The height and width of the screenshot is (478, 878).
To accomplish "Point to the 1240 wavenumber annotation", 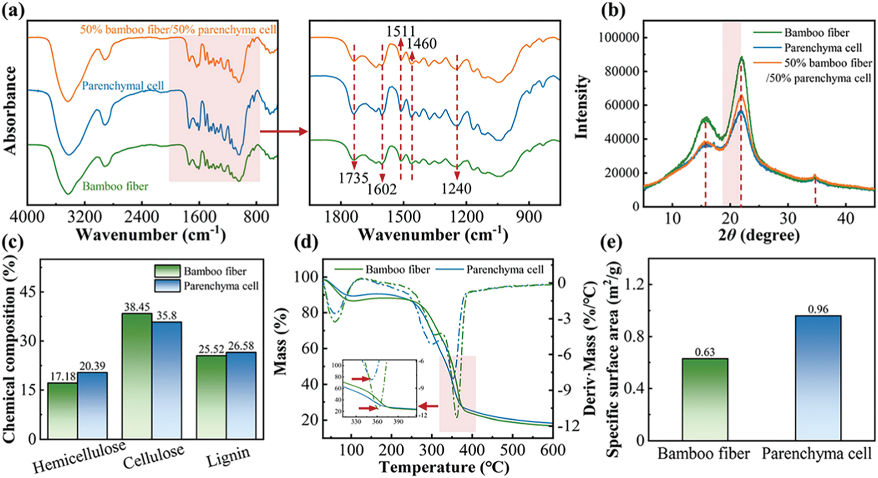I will click(456, 188).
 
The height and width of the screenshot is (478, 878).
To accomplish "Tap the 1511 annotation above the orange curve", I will click(401, 31).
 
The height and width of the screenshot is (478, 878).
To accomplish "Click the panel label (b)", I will click(614, 10).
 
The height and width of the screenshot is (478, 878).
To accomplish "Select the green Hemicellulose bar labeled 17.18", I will click(63, 410).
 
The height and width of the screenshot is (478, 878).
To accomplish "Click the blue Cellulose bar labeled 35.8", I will click(167, 380).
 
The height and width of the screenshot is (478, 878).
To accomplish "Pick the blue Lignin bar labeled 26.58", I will click(241, 395).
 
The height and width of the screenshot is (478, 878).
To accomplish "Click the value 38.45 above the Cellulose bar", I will click(137, 307).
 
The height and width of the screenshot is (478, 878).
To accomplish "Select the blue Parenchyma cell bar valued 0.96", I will click(817, 377).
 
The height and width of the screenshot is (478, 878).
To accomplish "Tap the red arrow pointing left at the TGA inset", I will click(429, 406).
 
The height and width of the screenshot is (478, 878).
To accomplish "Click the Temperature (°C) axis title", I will click(444, 467).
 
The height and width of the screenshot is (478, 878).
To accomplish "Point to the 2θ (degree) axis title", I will click(759, 235).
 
